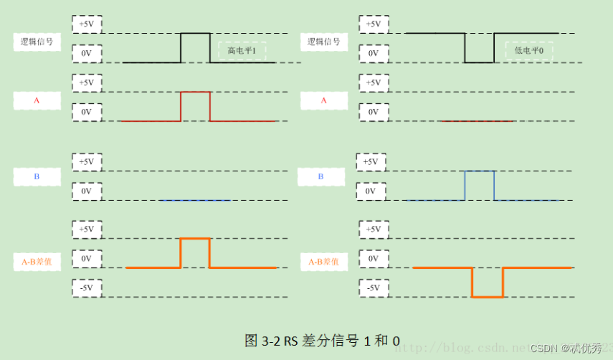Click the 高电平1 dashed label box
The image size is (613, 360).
click(x=242, y=51)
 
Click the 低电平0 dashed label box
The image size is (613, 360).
click(x=529, y=51)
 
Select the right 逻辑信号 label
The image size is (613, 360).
click(x=323, y=42)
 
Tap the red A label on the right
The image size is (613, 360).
click(x=323, y=100)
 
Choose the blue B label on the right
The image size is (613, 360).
click(x=320, y=176)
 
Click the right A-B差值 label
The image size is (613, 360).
click(x=323, y=262)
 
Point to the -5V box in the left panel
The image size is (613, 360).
click(x=86, y=288)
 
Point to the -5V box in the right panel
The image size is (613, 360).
click(x=373, y=288)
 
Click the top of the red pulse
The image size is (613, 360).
click(x=195, y=92)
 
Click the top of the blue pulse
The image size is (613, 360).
click(x=480, y=171)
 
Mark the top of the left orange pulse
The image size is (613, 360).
click(x=194, y=239)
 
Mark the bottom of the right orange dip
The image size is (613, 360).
click(x=488, y=295)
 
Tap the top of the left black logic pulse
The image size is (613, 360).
click(x=195, y=33)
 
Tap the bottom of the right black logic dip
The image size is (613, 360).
click(x=480, y=62)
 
